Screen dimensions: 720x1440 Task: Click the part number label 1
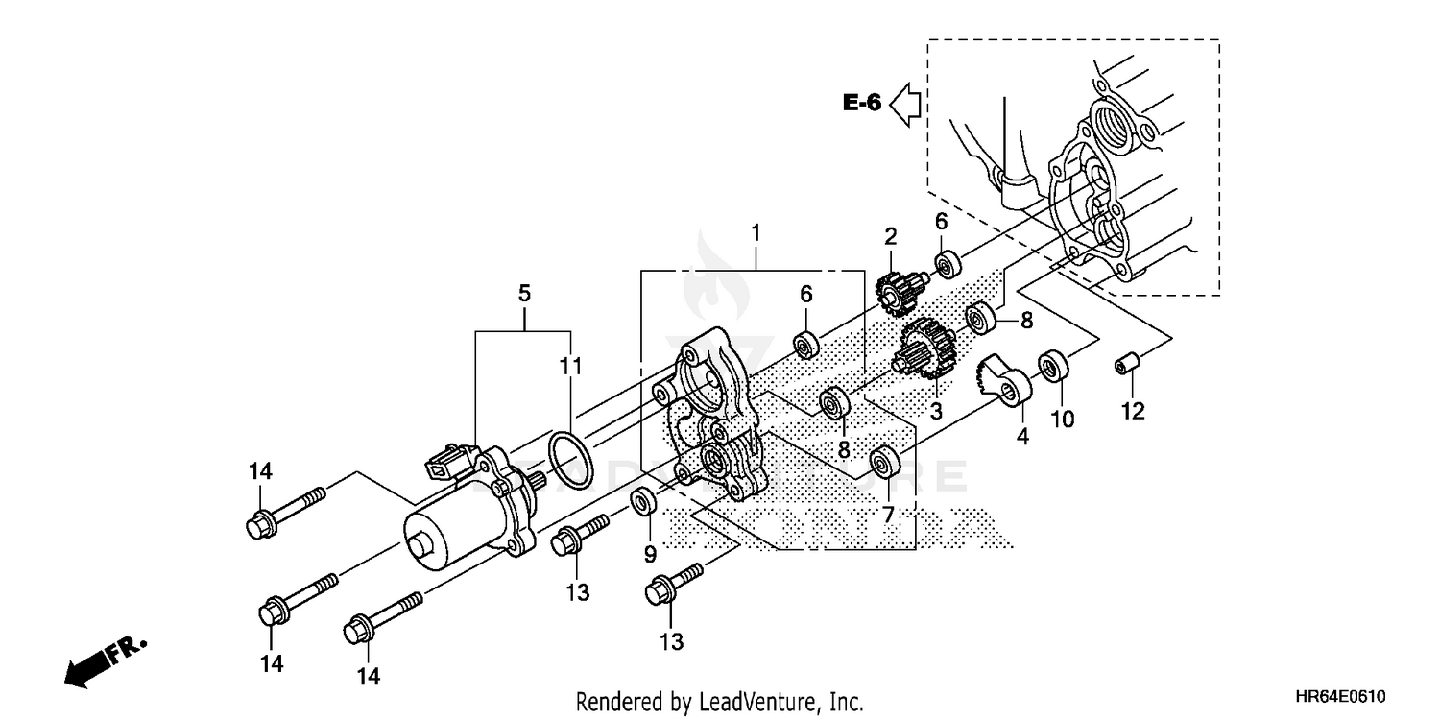click(x=756, y=232)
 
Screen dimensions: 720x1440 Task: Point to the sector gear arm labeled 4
click(x=1002, y=381)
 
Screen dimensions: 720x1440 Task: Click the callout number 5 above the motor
click(x=524, y=293)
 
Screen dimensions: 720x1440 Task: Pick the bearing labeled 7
click(x=883, y=462)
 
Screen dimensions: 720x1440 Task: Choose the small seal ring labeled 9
click(x=643, y=502)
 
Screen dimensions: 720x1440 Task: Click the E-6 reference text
click(x=861, y=103)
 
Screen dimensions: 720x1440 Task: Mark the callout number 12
click(x=1133, y=411)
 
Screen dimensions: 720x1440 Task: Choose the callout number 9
click(x=649, y=553)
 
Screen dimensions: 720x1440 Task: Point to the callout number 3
click(x=935, y=411)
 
